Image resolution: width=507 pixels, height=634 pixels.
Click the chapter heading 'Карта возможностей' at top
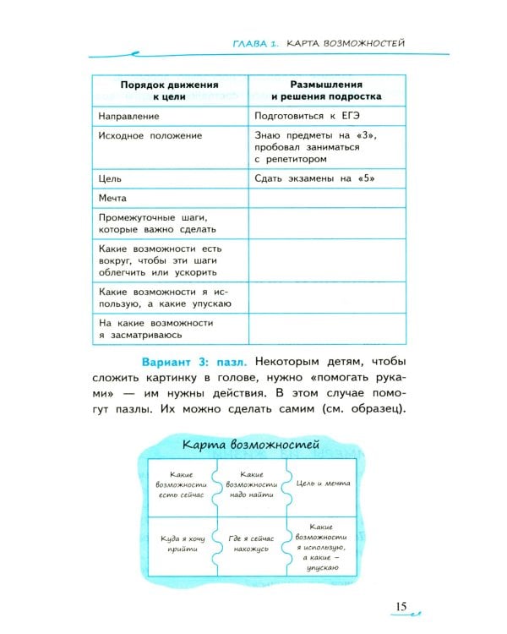pos(347,41)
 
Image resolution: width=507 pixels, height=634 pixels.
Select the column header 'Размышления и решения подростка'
pos(326,90)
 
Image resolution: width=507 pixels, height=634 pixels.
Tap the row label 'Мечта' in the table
pos(112,198)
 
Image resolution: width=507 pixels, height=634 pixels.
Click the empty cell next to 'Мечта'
pos(326,198)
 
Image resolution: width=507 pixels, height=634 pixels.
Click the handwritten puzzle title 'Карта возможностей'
pos(250,444)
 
